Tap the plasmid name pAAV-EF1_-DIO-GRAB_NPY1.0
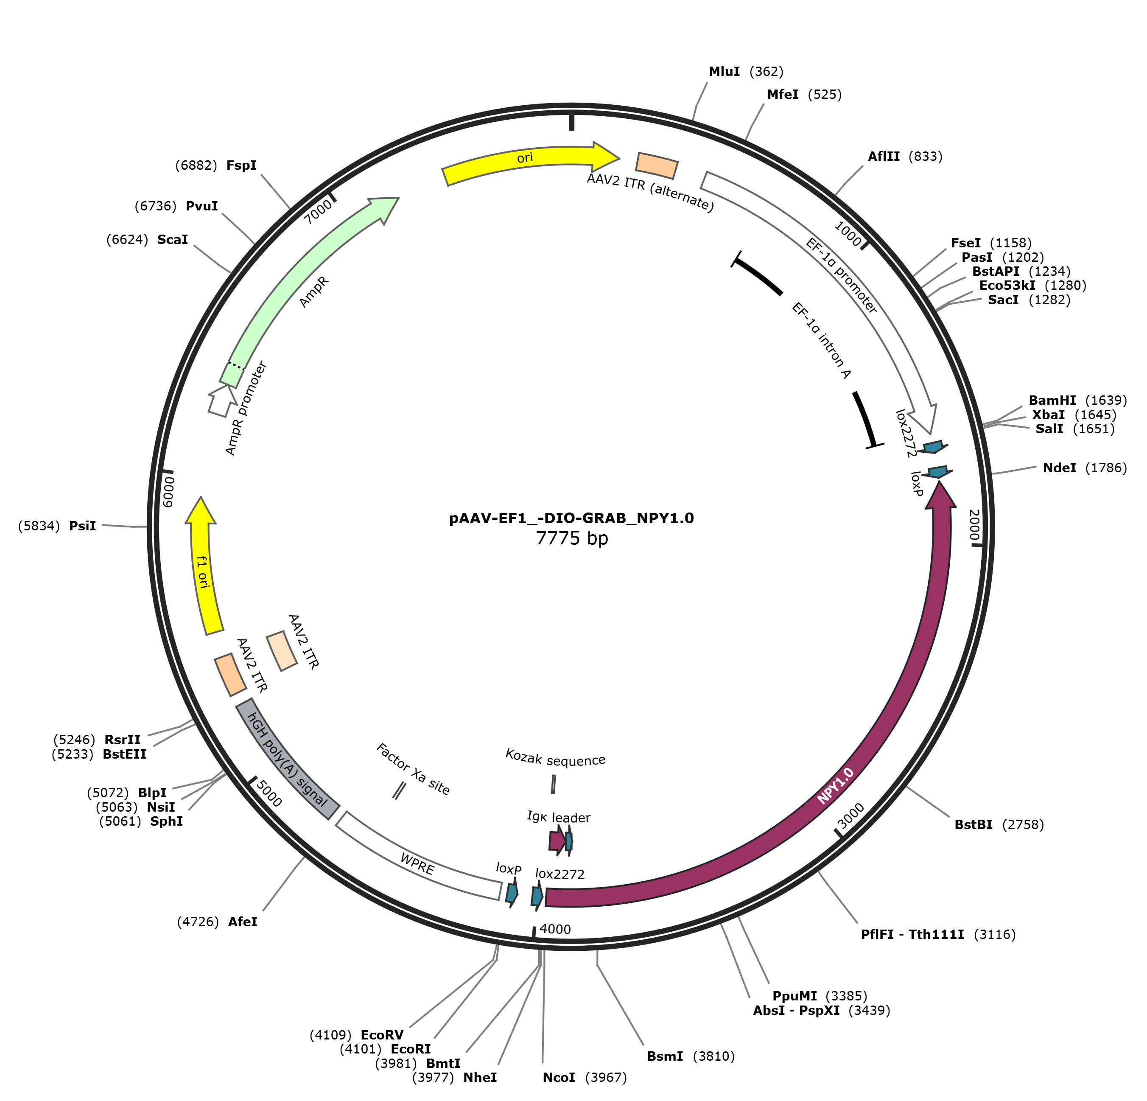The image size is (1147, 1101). (572, 518)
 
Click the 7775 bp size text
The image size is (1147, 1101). (572, 538)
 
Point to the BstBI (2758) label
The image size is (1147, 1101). (999, 825)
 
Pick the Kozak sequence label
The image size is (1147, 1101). (555, 758)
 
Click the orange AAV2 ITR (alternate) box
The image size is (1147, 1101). (657, 165)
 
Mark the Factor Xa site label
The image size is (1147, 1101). (413, 769)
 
